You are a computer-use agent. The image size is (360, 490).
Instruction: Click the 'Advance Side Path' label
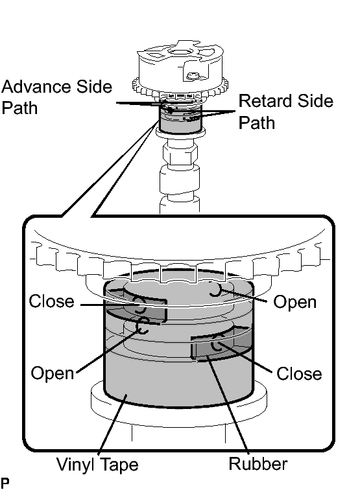[56, 97]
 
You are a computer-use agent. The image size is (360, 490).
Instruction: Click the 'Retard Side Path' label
[286, 111]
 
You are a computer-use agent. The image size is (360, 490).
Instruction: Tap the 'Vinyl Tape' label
[97, 464]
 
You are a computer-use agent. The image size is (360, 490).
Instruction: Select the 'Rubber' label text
[258, 463]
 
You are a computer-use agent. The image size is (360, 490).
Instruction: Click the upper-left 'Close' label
[52, 301]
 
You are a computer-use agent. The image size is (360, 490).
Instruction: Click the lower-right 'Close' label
[299, 373]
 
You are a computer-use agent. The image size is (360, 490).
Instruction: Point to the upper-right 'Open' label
[294, 303]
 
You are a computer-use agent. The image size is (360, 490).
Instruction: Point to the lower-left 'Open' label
[53, 373]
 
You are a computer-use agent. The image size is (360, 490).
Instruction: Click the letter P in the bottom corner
[5, 482]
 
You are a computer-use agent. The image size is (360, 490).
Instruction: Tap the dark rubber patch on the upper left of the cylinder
[136, 309]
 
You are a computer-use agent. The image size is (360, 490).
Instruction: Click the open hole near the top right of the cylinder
[215, 289]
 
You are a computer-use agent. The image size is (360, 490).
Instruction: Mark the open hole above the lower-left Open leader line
[143, 325]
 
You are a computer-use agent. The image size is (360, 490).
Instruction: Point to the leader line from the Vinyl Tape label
[113, 425]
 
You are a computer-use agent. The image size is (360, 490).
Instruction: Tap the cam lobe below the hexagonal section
[180, 179]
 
